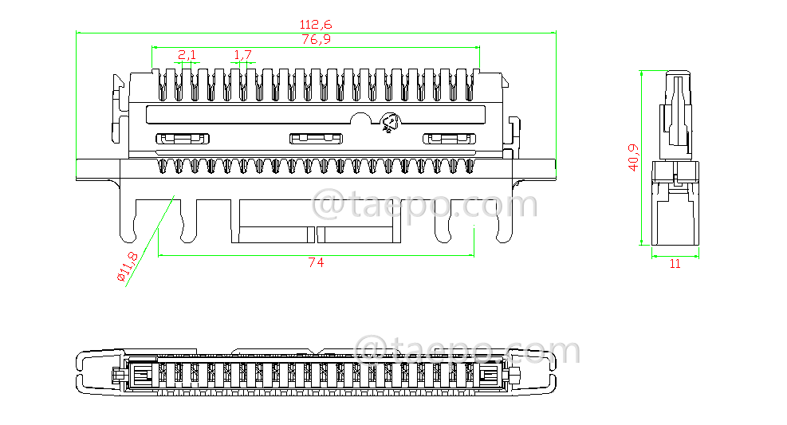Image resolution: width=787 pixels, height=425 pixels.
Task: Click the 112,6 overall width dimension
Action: [x=317, y=25]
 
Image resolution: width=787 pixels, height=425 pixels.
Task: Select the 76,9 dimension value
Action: [x=317, y=39]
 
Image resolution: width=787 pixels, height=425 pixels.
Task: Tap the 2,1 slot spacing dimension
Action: [x=187, y=54]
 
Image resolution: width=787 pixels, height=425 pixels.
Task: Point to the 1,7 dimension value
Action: [x=242, y=54]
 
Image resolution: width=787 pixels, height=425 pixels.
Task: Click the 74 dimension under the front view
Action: [x=316, y=262]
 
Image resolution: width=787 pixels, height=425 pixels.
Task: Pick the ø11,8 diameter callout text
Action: [x=128, y=267]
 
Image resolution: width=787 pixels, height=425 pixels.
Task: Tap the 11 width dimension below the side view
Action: [x=675, y=264]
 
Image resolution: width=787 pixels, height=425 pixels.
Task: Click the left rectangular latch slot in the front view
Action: [x=183, y=139]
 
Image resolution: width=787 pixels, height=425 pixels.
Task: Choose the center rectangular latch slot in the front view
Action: [x=316, y=139]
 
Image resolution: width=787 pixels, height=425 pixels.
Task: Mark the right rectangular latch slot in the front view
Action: [x=449, y=139]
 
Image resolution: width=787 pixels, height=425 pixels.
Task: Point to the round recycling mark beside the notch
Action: [x=390, y=124]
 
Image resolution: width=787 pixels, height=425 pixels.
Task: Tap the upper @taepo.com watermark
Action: [x=425, y=205]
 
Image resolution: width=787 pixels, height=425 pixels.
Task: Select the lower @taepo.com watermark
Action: [x=467, y=352]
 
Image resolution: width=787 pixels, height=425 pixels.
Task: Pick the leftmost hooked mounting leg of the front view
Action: [x=128, y=220]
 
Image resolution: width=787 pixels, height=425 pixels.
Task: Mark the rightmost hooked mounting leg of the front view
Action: [x=503, y=220]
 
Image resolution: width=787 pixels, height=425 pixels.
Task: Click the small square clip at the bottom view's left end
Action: [x=144, y=375]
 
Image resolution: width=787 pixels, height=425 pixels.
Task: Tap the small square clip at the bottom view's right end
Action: [x=487, y=375]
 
